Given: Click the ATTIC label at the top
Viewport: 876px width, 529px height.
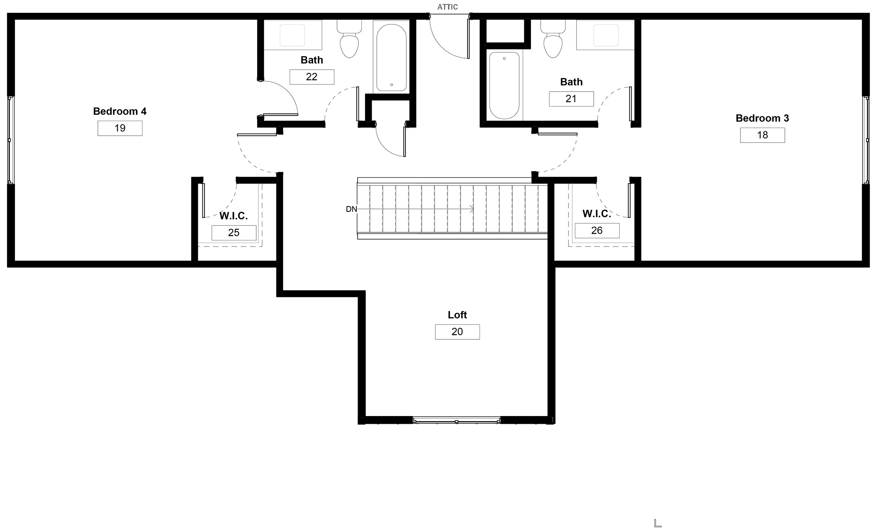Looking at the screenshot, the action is click(447, 7).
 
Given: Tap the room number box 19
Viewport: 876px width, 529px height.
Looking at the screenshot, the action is click(120, 128).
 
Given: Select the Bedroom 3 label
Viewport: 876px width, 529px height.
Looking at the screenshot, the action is click(762, 118).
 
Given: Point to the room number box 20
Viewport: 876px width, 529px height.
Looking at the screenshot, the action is click(457, 332).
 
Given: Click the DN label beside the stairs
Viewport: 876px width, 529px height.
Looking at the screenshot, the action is click(351, 209).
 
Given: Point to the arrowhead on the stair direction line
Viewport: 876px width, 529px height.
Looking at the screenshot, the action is click(472, 209).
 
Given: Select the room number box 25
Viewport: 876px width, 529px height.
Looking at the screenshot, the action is click(234, 233).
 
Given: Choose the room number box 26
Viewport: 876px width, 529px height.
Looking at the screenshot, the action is click(597, 231).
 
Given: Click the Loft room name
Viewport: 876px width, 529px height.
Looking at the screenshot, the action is click(457, 315).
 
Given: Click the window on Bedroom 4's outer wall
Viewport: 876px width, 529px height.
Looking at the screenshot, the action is click(11, 140).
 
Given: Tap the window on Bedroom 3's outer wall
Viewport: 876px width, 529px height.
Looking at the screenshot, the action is click(866, 140).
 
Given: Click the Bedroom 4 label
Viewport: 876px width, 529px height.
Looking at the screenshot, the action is click(120, 111).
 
